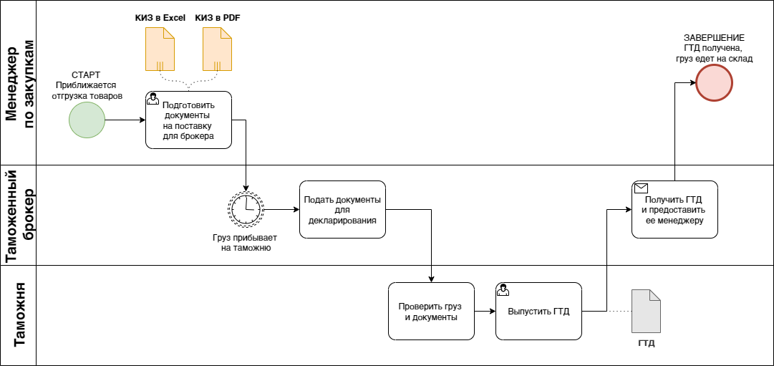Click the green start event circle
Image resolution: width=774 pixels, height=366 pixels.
87,120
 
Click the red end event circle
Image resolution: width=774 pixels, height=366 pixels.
715,83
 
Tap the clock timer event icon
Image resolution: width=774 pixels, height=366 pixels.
246,208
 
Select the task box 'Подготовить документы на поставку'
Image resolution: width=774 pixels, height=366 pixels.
188,120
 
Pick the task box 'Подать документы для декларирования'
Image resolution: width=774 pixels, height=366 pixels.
342,209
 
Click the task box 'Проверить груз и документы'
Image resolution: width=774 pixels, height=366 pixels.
431,311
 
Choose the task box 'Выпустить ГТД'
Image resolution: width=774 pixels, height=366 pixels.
538,311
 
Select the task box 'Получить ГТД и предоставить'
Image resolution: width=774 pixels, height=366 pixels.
674,209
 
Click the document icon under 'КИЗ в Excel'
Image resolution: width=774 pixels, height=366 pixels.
160,49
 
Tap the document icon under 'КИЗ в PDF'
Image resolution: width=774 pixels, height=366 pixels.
217,49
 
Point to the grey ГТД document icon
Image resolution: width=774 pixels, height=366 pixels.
646,311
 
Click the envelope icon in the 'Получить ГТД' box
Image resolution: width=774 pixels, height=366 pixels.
642,188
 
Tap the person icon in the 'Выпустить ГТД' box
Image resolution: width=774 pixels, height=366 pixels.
503,290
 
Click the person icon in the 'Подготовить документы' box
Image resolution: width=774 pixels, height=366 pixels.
153,98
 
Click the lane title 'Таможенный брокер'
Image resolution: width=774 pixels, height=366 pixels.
21,216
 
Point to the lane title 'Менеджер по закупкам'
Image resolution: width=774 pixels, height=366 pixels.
21,83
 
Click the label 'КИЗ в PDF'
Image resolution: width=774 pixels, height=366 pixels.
218,19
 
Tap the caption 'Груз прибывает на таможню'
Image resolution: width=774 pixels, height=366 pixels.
246,243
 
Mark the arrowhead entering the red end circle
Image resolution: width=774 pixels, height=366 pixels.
692,83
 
